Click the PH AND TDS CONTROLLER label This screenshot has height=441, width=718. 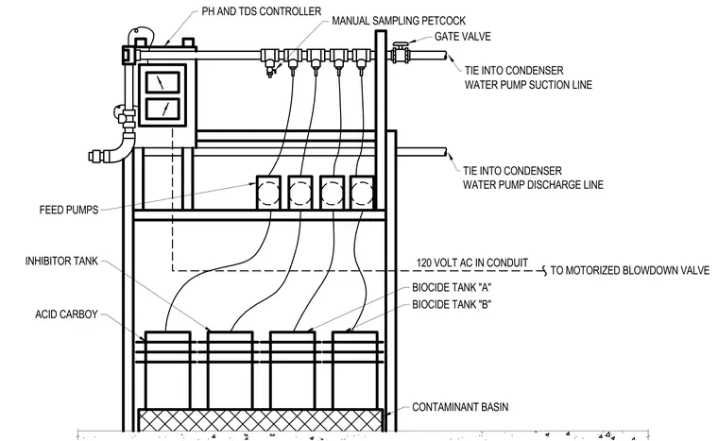click(262, 11)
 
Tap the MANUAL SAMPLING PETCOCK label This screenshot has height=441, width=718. click(399, 21)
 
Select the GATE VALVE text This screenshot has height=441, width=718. click(463, 37)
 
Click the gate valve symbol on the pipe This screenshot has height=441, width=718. click(401, 53)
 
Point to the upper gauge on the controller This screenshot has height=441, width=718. click(162, 82)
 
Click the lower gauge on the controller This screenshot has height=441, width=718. click(162, 109)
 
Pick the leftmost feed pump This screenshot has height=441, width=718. click(268, 193)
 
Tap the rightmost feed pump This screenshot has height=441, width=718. click(362, 193)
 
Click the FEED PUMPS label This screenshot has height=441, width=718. click(69, 211)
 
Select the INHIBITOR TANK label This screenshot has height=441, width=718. click(61, 261)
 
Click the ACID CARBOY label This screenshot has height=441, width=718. click(66, 314)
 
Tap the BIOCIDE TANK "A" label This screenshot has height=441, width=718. click(452, 288)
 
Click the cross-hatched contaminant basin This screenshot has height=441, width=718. click(260, 420)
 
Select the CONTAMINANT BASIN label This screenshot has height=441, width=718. click(460, 407)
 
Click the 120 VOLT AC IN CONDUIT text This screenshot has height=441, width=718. click(472, 263)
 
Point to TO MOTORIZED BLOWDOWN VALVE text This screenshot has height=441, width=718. click(629, 270)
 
